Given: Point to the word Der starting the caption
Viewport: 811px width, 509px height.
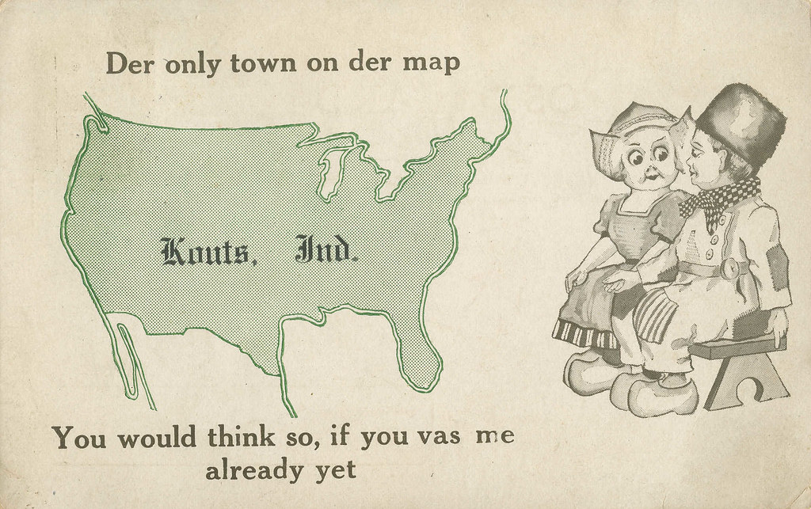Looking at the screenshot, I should coord(130,64).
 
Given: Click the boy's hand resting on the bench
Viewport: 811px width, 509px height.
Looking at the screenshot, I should coord(777,321).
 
